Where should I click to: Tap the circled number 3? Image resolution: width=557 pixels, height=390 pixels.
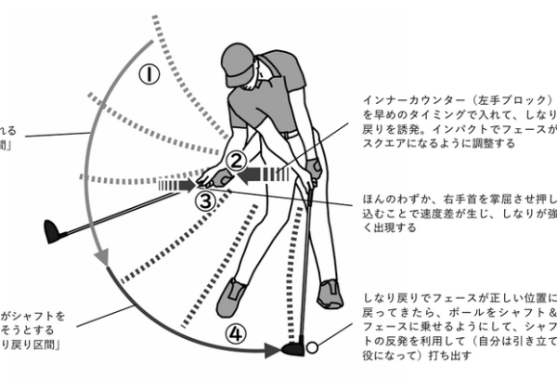coord(208,198)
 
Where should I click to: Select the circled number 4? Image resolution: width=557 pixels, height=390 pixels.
coord(237,331)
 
